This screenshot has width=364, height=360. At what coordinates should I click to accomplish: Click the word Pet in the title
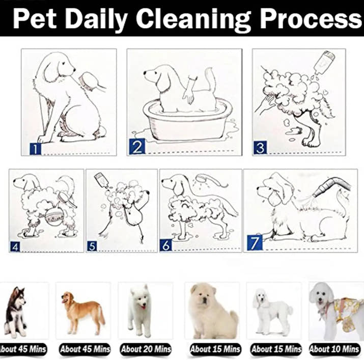pyautogui.click(x=34, y=18)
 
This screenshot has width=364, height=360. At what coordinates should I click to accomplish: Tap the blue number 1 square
pyautogui.click(x=35, y=149)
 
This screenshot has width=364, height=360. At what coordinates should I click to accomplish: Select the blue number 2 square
pyautogui.click(x=137, y=147)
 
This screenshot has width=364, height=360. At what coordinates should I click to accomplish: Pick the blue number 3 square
pyautogui.click(x=260, y=148)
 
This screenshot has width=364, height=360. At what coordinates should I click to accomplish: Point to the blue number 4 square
pyautogui.click(x=15, y=247)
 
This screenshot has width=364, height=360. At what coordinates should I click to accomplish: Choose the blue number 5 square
pyautogui.click(x=92, y=246)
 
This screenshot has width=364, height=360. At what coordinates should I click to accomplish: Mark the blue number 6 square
pyautogui.click(x=166, y=245)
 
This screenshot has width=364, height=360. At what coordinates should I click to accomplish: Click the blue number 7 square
pyautogui.click(x=255, y=243)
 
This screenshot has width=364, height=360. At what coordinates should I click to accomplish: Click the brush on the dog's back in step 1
pyautogui.click(x=87, y=80)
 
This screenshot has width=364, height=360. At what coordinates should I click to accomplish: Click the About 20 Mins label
pyautogui.click(x=146, y=349)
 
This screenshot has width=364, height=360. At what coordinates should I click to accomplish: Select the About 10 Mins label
pyautogui.click(x=334, y=349)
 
